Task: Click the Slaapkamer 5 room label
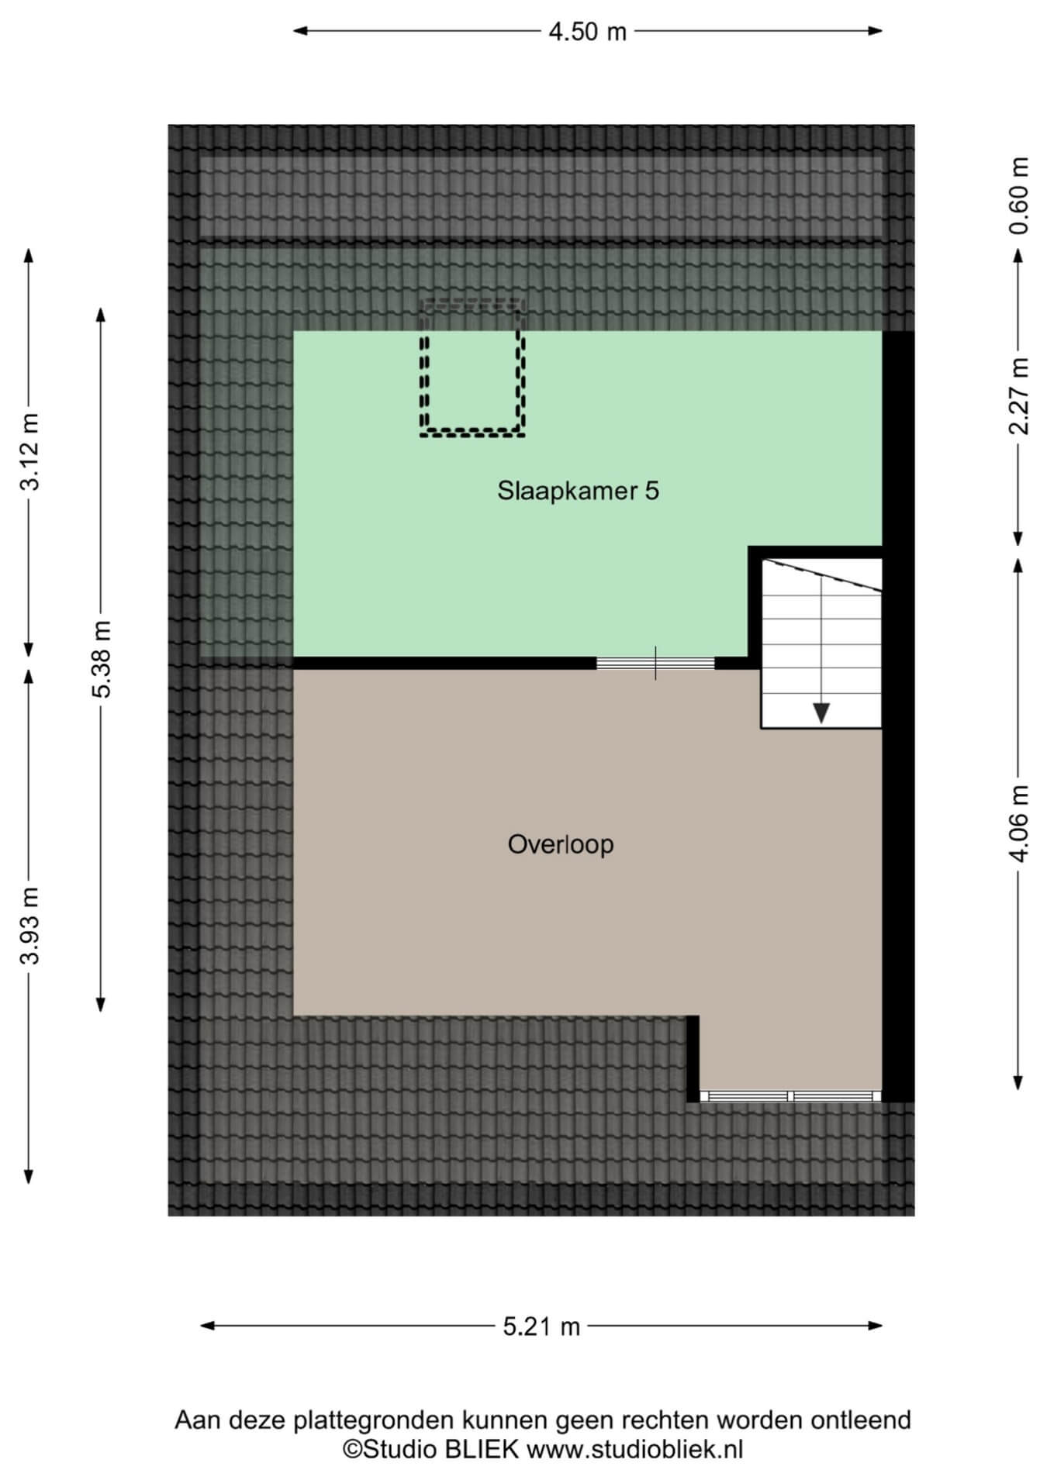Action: [x=578, y=491]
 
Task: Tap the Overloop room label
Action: [x=561, y=843]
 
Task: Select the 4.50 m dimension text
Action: [x=587, y=32]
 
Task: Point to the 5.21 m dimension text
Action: [x=541, y=1326]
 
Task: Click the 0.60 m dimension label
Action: [x=1019, y=195]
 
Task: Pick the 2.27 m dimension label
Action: [x=1019, y=396]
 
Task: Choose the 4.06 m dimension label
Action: [x=1019, y=823]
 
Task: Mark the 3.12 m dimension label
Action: [x=29, y=452]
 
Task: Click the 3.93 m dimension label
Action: [x=29, y=925]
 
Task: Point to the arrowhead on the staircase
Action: [x=821, y=712]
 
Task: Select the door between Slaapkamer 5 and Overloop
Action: [x=655, y=664]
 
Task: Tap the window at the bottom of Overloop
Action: [x=790, y=1096]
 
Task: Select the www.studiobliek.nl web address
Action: [x=635, y=1449]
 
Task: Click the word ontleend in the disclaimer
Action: [x=860, y=1420]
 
